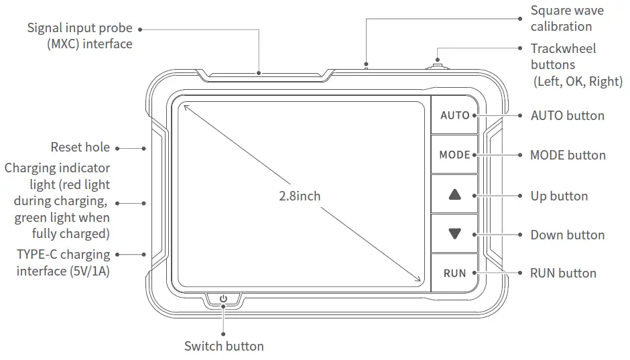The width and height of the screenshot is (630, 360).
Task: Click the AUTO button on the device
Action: pos(454,115)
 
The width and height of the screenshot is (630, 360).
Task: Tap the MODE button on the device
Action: pos(454,155)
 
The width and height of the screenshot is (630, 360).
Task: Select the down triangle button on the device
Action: pos(455,234)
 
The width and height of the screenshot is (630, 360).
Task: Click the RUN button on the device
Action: pos(454,273)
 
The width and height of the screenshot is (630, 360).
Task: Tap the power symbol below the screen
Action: pos(223,299)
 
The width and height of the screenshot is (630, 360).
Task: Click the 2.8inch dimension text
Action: pos(300,196)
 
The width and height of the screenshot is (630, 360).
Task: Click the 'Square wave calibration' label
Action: pos(566,19)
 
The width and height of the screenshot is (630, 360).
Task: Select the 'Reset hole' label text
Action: pos(80,147)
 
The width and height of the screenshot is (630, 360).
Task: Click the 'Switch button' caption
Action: pos(224,346)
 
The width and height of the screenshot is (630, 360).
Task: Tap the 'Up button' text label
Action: pos(559,196)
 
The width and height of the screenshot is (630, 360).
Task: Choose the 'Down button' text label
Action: pos(567,235)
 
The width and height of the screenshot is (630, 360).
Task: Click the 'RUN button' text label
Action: pos(563,273)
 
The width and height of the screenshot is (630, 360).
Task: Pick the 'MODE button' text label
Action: pos(568,155)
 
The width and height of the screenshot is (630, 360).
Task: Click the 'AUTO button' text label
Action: pos(567,115)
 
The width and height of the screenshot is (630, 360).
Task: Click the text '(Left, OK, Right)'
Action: pos(578,82)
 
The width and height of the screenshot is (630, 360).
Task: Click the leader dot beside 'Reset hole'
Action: pos(117,148)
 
